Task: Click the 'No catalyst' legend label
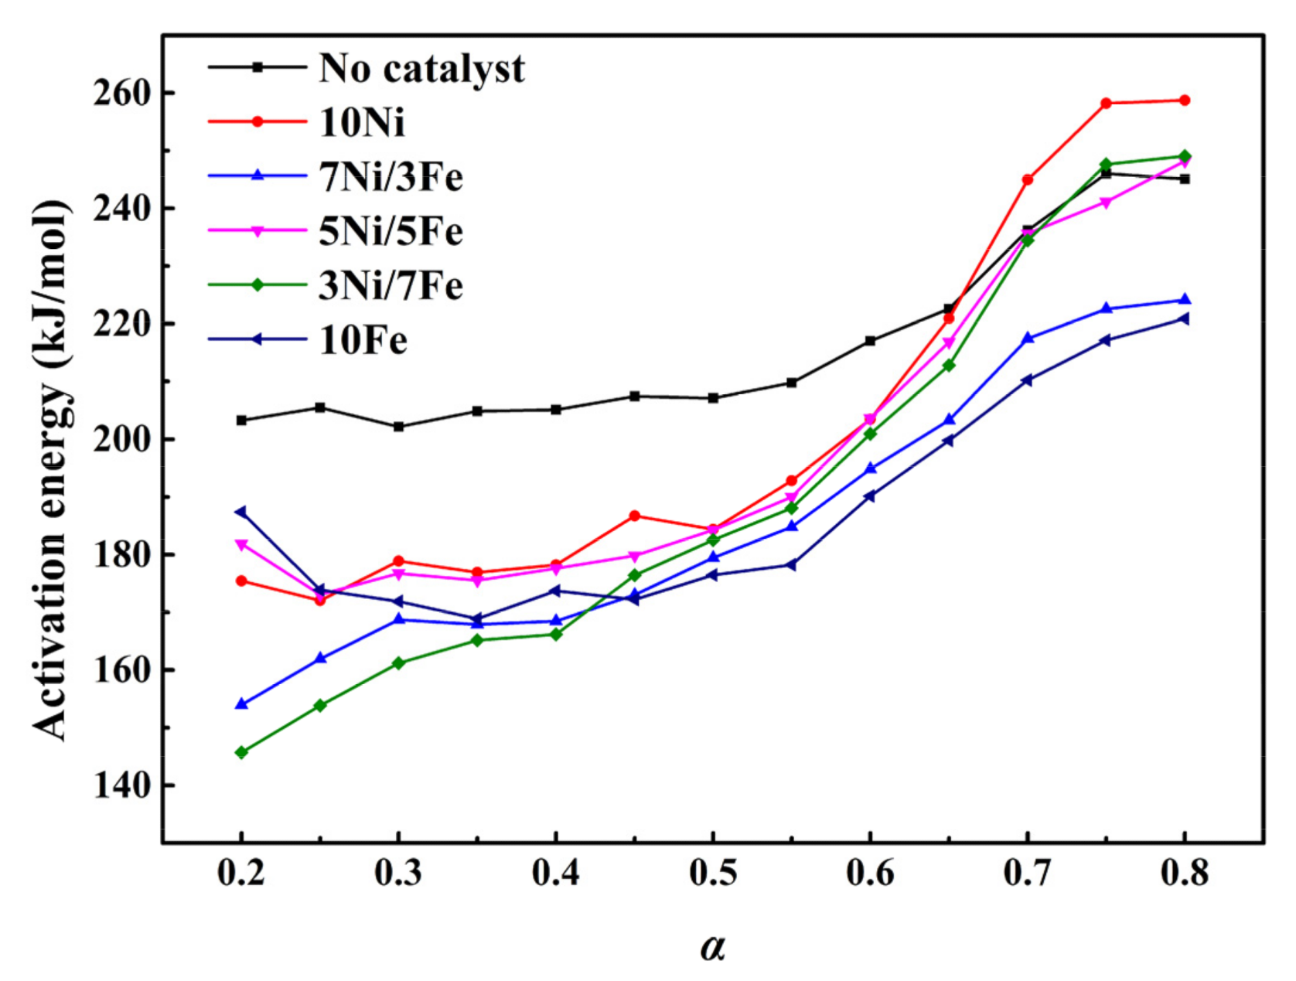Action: tap(421, 69)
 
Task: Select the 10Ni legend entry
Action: tap(361, 122)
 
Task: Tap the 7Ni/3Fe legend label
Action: tap(391, 177)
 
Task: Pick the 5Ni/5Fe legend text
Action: tap(391, 231)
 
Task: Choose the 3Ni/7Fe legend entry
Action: tap(391, 286)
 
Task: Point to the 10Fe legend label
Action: tap(363, 340)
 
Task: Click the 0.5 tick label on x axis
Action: tap(713, 874)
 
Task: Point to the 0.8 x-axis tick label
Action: tap(1184, 874)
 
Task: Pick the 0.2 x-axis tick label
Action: tap(241, 874)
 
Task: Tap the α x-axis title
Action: tap(713, 946)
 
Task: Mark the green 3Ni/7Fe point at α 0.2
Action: tap(241, 752)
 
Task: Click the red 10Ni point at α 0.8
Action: tap(1184, 100)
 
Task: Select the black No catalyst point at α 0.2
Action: tap(241, 421)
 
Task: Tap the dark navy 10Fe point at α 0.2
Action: tap(241, 512)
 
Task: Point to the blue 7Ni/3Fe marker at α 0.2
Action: tap(241, 704)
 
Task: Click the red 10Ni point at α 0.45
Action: tap(634, 516)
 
